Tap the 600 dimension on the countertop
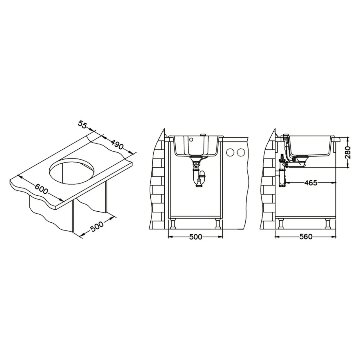click(x=42, y=189)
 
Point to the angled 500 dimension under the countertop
click(x=97, y=227)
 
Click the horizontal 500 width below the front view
click(x=196, y=237)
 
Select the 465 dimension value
click(x=311, y=183)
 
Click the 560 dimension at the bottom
click(x=306, y=237)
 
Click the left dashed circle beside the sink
click(x=230, y=152)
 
